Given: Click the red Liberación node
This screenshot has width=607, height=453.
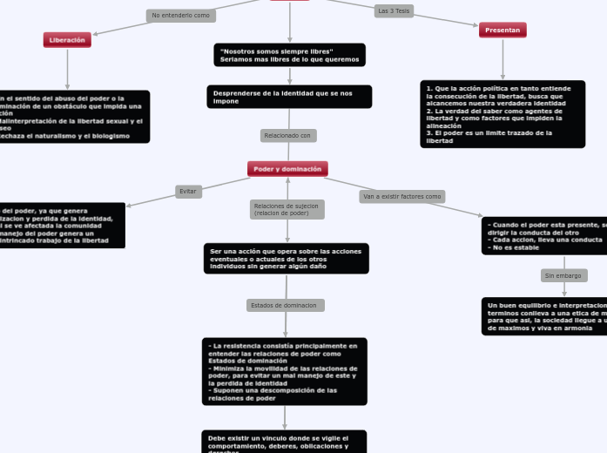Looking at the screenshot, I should coord(67,40).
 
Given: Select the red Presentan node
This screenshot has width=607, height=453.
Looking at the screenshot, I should coord(502,30).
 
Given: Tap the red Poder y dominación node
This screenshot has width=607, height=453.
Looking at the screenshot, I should coord(287,169).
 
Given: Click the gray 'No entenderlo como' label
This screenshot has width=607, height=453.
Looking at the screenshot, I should coord(180,16).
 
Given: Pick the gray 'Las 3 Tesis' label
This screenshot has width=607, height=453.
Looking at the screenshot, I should coord(394,11).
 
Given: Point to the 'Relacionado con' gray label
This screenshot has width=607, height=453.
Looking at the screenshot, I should coord(287,136).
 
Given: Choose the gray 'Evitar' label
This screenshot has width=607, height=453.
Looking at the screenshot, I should coord(188,192).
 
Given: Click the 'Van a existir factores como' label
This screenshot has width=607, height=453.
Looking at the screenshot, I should coord(401,197).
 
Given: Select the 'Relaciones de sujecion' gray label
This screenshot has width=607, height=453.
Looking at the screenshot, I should coord(287,210).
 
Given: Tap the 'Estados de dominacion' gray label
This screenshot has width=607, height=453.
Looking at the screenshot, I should coord(285,306).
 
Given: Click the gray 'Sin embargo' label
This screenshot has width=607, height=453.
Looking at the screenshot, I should coord(563,276).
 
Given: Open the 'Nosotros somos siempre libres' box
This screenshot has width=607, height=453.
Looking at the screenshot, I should coord(289,56).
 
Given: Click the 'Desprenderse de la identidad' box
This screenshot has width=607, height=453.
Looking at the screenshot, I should coord(289,97).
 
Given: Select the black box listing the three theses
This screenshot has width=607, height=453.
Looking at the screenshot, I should coord(502,114).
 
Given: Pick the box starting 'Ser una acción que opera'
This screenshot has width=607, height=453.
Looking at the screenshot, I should coord(286,259).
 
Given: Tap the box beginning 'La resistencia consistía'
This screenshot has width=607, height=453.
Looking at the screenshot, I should coord(284,372).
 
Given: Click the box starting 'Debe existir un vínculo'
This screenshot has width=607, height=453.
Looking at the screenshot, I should coord(284,442).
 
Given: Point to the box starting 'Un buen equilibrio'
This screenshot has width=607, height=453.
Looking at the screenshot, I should coord(545,316).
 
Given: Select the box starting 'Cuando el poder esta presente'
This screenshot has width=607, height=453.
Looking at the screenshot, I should coord(545,236).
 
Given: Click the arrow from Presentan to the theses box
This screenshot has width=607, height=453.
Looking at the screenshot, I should coord(502,59).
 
